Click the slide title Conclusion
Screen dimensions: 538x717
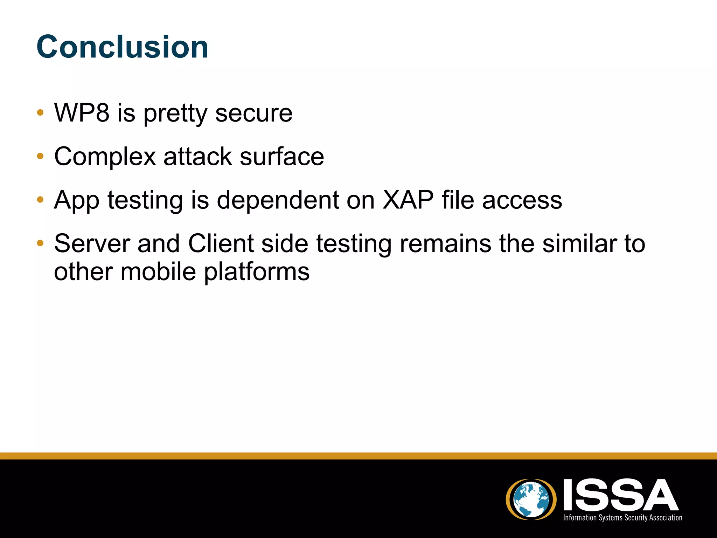pyautogui.click(x=122, y=47)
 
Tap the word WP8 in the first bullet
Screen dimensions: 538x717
pyautogui.click(x=82, y=113)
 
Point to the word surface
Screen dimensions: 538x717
pyautogui.click(x=282, y=157)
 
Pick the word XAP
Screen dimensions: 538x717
pyautogui.click(x=408, y=200)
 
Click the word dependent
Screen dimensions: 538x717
pyautogui.click(x=278, y=200)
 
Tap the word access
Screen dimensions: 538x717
pyautogui.click(x=522, y=200)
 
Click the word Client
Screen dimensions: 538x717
pyautogui.click(x=221, y=243)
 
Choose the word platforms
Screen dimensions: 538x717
pyautogui.click(x=257, y=272)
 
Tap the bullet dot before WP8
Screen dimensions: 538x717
pyautogui.click(x=40, y=113)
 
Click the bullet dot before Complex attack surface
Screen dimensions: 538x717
pyautogui.click(x=40, y=156)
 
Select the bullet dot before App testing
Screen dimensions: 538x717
pyautogui.click(x=40, y=200)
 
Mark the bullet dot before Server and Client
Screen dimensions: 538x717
pyautogui.click(x=40, y=243)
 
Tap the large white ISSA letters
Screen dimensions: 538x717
pyautogui.click(x=621, y=495)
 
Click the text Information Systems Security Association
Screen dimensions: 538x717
pyautogui.click(x=622, y=518)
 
